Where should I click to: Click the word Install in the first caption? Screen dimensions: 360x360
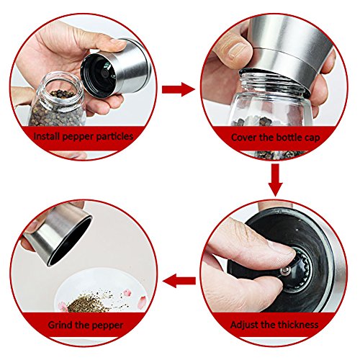[46, 136]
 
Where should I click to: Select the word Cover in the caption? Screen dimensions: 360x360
[243, 138]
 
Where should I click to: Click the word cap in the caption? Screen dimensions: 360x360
[312, 138]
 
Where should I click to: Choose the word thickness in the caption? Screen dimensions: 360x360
[298, 325]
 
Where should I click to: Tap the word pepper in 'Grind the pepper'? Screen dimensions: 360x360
[107, 325]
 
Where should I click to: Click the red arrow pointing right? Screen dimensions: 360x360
[179, 89]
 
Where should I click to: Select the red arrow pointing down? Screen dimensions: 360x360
[276, 180]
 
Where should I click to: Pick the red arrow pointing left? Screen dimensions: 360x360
[179, 281]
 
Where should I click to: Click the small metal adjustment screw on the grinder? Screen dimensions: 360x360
[285, 271]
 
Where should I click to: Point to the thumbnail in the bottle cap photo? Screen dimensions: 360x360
[236, 51]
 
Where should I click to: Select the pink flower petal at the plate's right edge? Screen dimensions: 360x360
[142, 301]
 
